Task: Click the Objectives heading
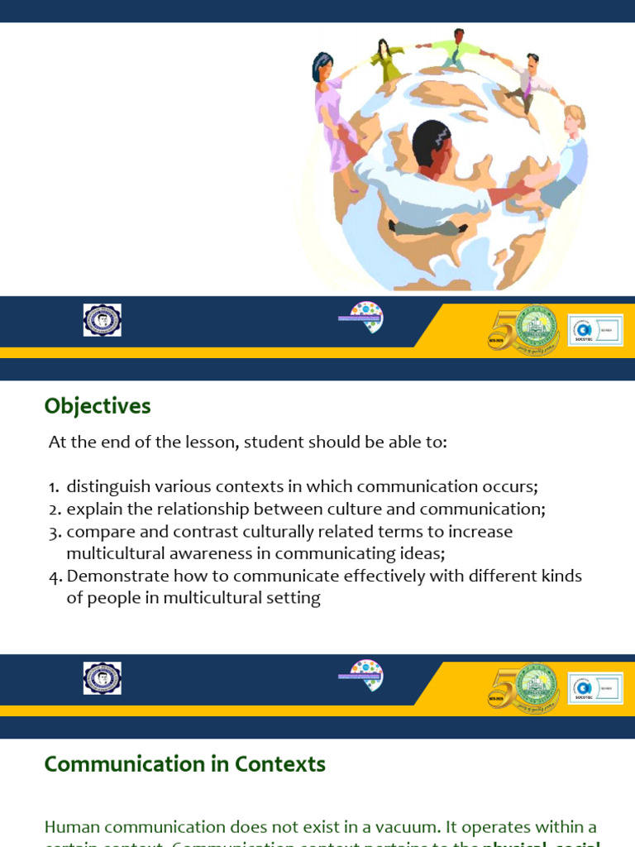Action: coord(98,406)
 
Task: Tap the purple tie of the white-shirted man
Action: coord(526,88)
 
